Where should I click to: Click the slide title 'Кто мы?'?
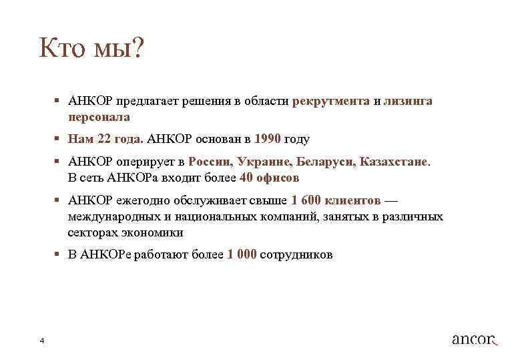tap(91, 48)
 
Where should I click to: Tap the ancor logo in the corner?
tap(475, 339)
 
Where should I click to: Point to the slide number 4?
tap(41, 341)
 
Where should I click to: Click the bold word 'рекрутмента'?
tap(331, 101)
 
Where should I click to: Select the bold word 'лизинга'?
tap(408, 101)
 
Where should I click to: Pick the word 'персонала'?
tap(99, 116)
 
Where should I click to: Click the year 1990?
tap(268, 139)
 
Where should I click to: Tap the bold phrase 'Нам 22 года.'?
tap(105, 139)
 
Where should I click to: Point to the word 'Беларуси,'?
tap(326, 162)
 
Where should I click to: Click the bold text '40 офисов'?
tap(269, 178)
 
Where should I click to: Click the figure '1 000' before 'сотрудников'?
tap(242, 254)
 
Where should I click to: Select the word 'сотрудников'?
tap(296, 254)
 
